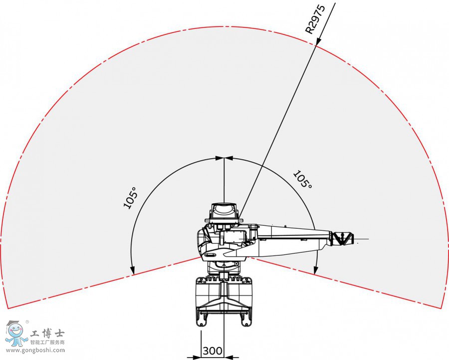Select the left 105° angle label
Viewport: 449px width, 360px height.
(x=130, y=198)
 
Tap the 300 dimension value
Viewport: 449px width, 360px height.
(x=213, y=351)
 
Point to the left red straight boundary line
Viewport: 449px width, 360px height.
(x=100, y=282)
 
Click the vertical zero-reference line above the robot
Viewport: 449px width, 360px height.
(x=224, y=180)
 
